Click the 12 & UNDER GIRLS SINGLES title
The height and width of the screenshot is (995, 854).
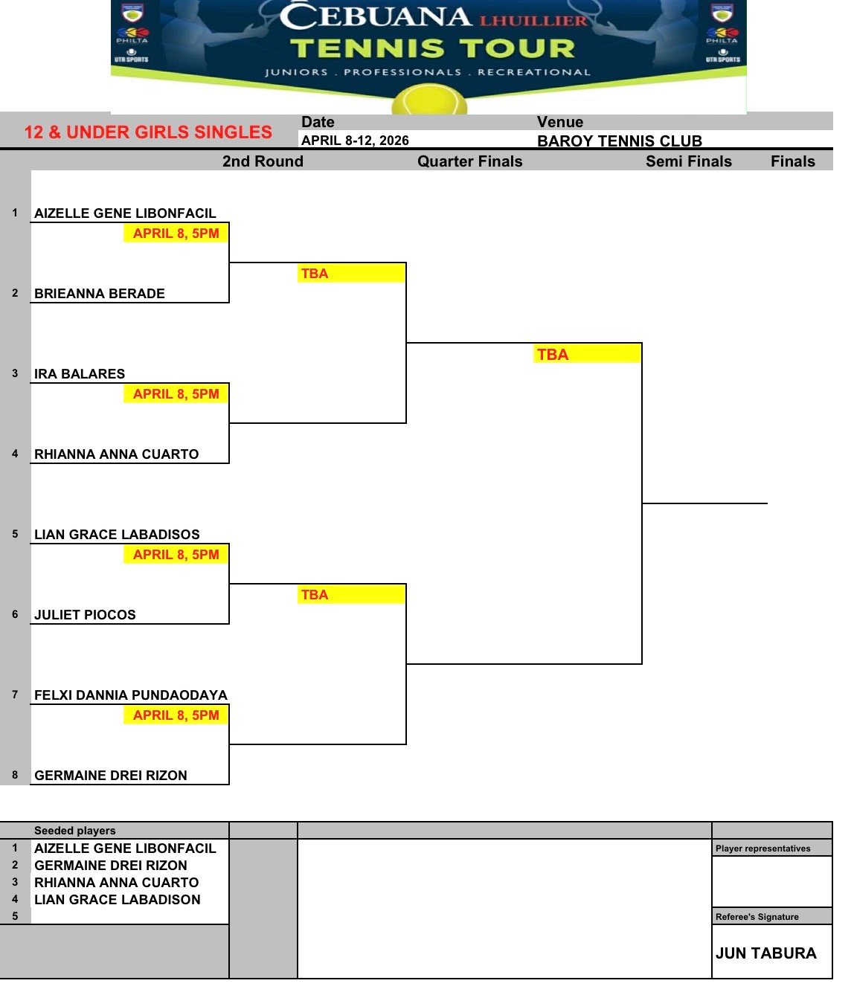148,132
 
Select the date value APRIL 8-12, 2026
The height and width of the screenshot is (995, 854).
355,141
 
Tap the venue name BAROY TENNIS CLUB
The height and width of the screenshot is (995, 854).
619,141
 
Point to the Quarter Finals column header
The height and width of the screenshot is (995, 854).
469,161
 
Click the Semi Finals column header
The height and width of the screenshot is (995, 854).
688,161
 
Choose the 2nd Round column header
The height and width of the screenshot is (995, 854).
263,161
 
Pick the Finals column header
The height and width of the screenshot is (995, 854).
792,161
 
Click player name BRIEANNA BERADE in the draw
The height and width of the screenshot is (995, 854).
100,294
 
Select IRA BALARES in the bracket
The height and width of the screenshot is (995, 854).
80,374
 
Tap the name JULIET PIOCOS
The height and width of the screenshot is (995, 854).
85,615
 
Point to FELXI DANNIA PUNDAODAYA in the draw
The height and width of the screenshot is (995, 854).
131,695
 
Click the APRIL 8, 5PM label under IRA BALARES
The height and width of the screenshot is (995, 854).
176,394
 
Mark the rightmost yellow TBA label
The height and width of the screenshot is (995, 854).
553,355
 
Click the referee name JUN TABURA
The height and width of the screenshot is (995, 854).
765,953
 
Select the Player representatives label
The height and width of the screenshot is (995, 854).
762,849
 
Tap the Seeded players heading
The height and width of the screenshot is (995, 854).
75,831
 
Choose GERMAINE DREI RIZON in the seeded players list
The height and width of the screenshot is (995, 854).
111,866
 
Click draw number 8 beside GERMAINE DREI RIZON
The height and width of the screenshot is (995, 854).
15,775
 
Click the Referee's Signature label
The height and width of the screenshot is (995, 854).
757,917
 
